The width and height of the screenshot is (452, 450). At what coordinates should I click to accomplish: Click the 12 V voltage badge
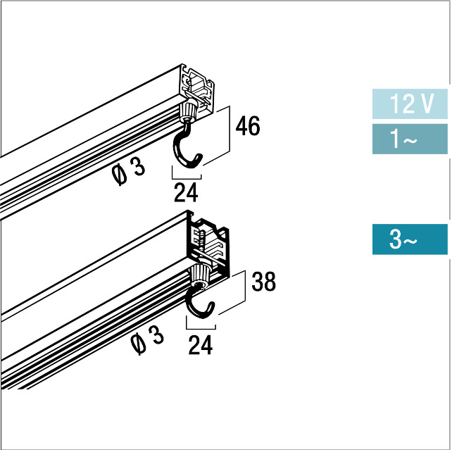point(410,104)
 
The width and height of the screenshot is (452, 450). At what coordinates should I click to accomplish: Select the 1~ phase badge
point(410,139)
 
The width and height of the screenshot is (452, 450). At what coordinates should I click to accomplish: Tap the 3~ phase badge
point(410,239)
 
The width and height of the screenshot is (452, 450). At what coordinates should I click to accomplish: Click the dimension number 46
point(248,126)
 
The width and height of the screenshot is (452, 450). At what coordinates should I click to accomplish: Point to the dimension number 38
point(263,282)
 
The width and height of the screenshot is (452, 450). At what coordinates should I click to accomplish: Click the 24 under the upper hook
point(186,192)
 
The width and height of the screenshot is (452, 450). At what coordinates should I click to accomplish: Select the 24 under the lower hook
point(201,345)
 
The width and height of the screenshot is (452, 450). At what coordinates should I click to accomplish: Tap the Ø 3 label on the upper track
point(128,171)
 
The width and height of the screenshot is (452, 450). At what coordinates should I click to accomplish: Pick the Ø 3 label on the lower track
point(147,340)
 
